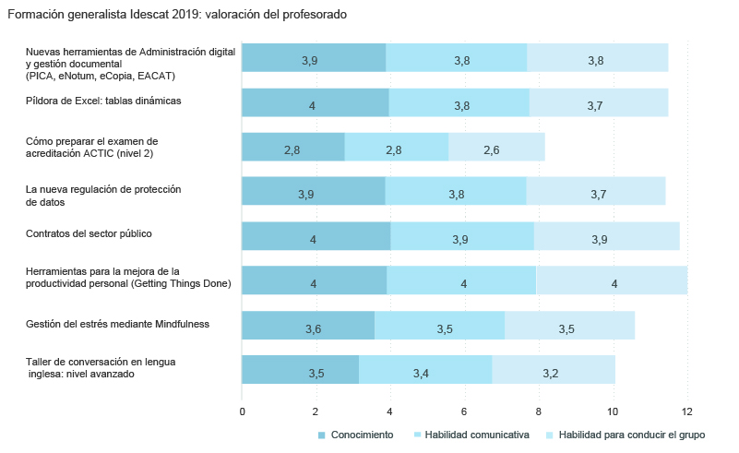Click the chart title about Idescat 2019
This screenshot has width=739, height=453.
click(177, 15)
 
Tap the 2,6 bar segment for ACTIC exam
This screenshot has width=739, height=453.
click(496, 148)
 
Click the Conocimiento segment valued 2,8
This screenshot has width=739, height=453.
click(292, 148)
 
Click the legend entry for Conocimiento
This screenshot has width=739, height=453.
click(355, 435)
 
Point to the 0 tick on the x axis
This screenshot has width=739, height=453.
click(242, 411)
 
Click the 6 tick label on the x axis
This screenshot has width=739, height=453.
click(464, 411)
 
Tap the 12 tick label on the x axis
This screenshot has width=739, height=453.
click(686, 411)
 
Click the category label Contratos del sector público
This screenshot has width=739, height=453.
click(89, 233)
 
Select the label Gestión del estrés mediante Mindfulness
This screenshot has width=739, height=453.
click(117, 324)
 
